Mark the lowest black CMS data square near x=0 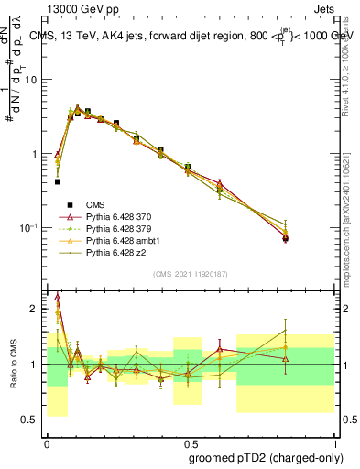(x=57, y=181)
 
